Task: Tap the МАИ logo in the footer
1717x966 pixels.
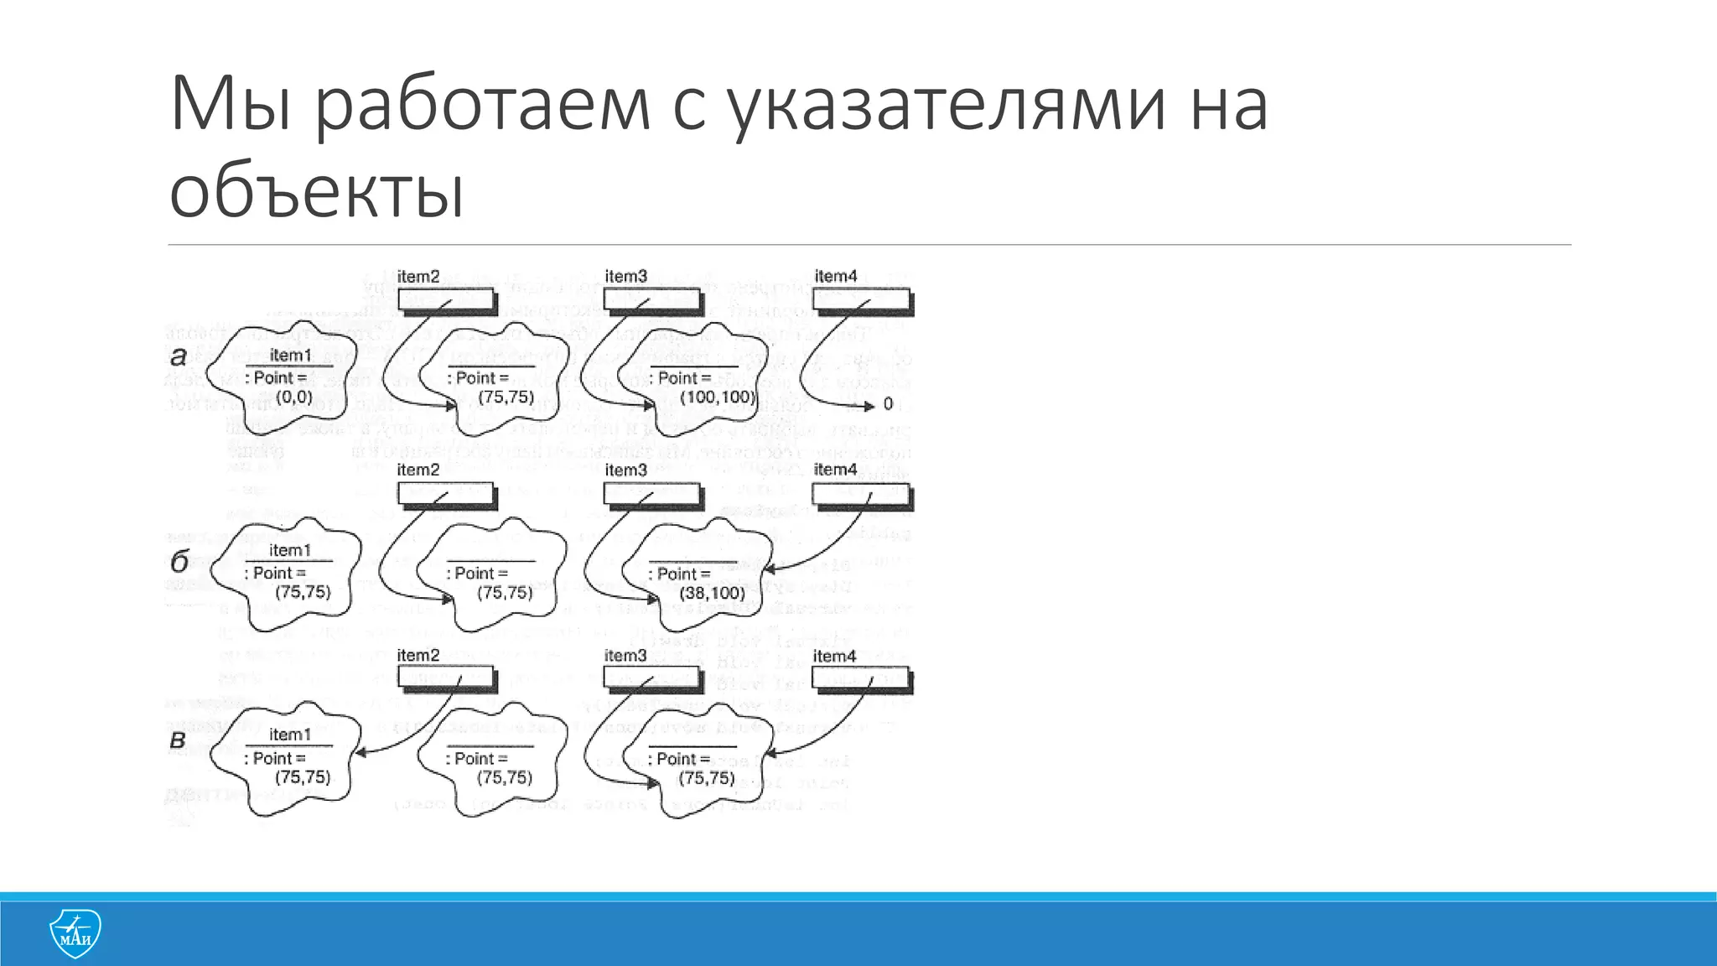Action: [75, 933]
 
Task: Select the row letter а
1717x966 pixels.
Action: [179, 356]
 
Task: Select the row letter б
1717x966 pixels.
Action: [179, 561]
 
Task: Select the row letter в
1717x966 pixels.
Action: [178, 740]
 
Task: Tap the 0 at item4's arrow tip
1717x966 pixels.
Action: [888, 404]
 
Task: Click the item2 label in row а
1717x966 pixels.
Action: [418, 276]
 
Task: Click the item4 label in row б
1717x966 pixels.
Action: [835, 470]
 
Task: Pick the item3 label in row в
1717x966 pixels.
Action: [625, 656]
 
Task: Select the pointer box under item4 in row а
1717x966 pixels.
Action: [863, 300]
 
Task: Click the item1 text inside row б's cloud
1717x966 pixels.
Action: [290, 550]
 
